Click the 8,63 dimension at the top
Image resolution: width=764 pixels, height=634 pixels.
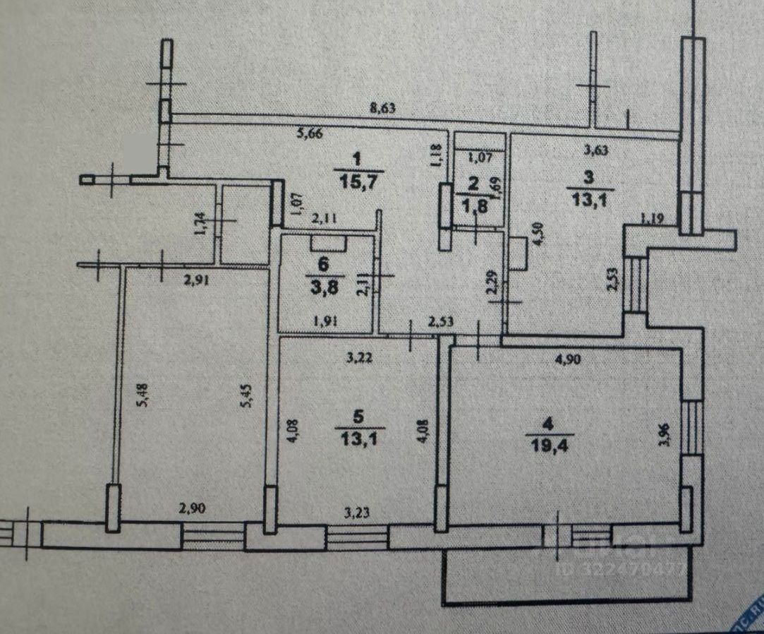click(x=383, y=108)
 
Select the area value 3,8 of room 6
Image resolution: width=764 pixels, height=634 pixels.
click(x=325, y=288)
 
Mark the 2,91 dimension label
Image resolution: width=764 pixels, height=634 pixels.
click(x=197, y=280)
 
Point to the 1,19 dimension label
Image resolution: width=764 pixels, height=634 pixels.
click(x=651, y=219)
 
